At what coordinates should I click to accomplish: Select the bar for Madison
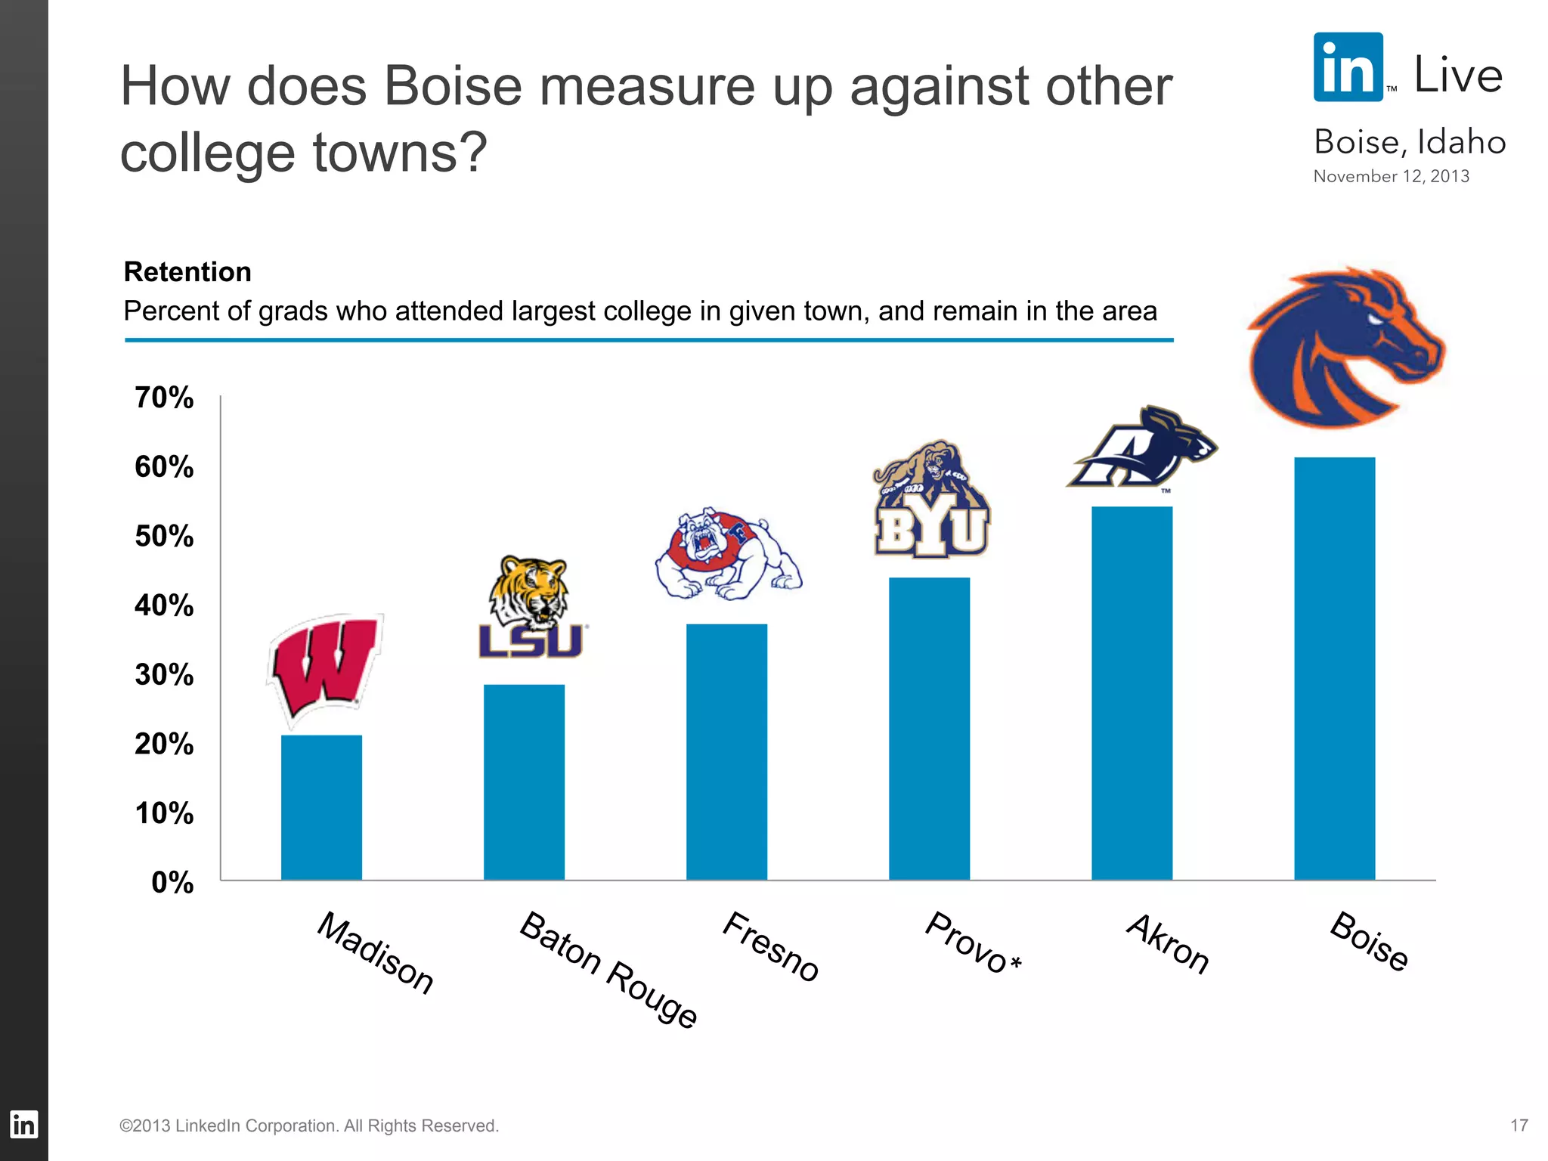click(321, 807)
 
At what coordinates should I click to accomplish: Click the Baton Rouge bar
click(524, 782)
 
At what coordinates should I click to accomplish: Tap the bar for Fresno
click(726, 751)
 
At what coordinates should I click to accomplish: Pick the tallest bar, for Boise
click(1334, 668)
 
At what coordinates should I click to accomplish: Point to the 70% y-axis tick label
click(164, 398)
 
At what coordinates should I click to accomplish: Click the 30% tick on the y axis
click(164, 674)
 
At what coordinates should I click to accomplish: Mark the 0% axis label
click(172, 882)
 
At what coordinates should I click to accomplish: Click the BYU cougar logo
click(931, 500)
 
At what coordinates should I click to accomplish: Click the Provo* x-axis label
click(973, 943)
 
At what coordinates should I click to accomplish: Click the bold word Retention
click(187, 272)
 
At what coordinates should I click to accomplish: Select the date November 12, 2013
click(1391, 176)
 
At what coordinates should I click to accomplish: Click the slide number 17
click(1519, 1125)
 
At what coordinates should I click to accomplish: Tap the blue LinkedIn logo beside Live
click(1348, 67)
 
